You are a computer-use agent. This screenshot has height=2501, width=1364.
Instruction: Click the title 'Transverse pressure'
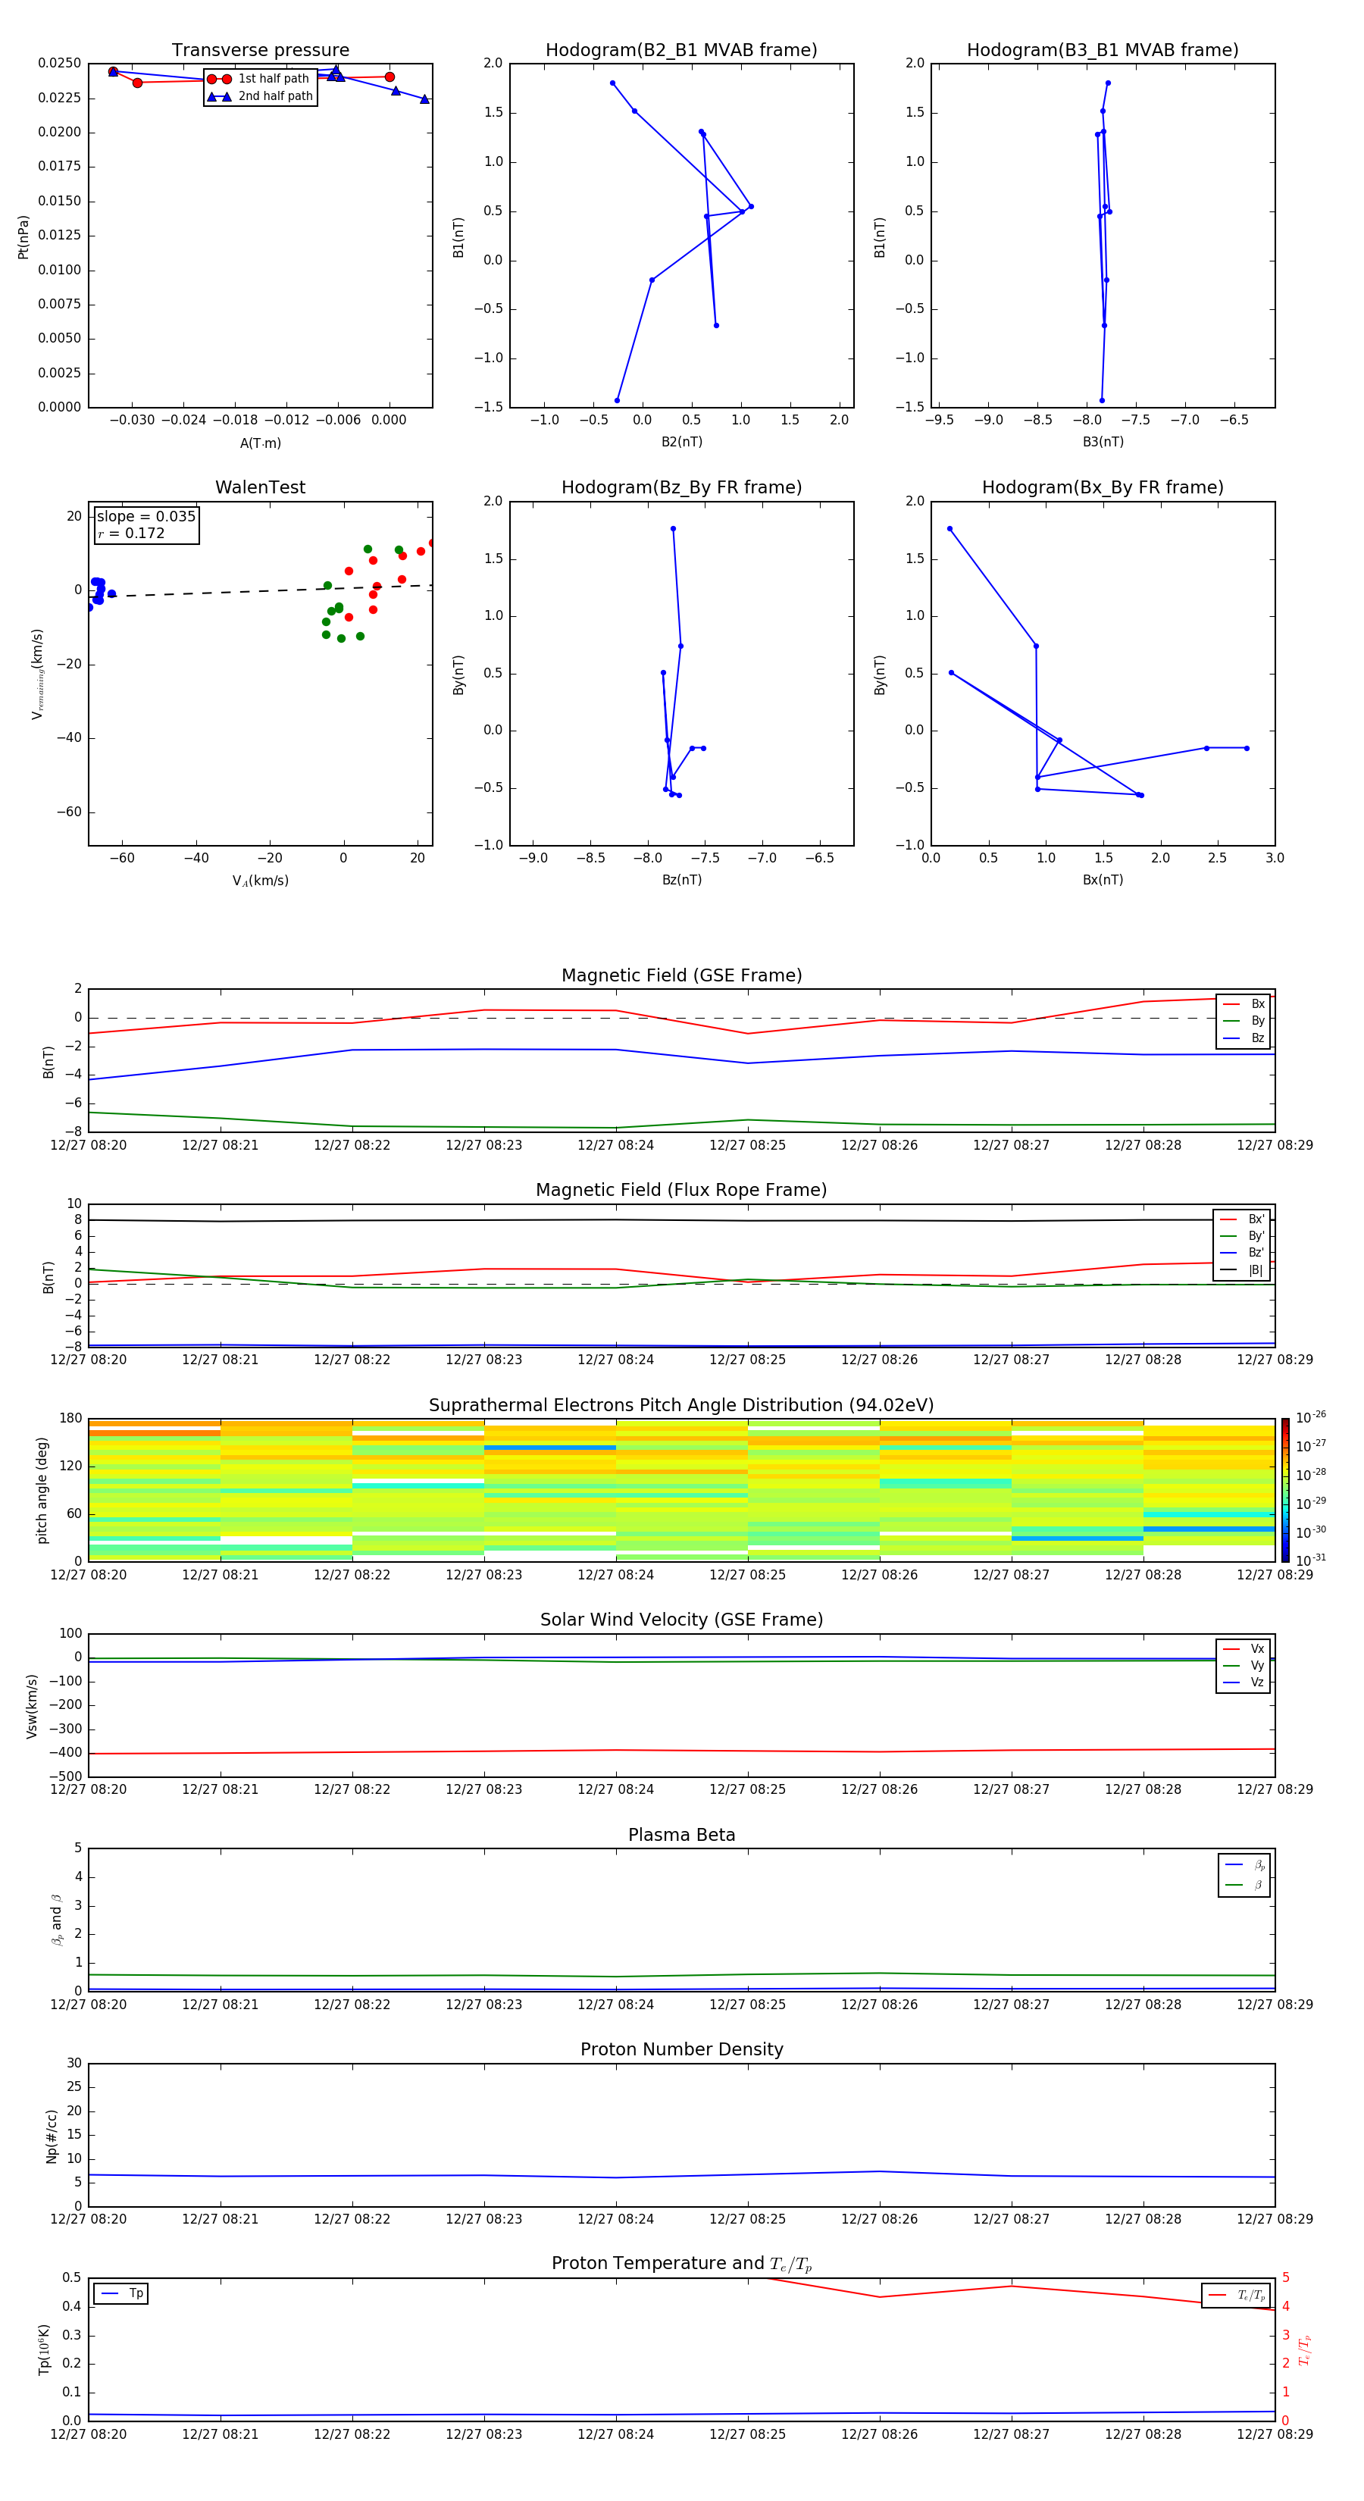tap(260, 51)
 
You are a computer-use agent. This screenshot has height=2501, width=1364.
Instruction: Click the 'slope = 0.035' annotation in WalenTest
tap(145, 517)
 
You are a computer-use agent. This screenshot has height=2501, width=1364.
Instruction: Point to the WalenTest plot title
tap(260, 487)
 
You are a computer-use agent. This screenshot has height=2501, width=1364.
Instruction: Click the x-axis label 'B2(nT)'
tap(681, 442)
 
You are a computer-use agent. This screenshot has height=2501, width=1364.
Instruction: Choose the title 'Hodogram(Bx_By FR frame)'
tap(1102, 487)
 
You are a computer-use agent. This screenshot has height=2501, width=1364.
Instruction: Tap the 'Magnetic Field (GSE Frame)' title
tap(681, 975)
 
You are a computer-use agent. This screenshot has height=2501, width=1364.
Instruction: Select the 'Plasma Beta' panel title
tap(681, 1835)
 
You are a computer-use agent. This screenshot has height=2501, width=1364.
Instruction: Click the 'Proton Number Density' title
tap(681, 2049)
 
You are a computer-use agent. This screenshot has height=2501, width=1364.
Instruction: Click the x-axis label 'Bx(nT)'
tap(1102, 880)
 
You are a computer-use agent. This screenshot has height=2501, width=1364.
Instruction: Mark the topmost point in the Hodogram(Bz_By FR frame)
tap(673, 529)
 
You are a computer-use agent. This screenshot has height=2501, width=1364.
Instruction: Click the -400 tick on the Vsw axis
tap(65, 1754)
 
